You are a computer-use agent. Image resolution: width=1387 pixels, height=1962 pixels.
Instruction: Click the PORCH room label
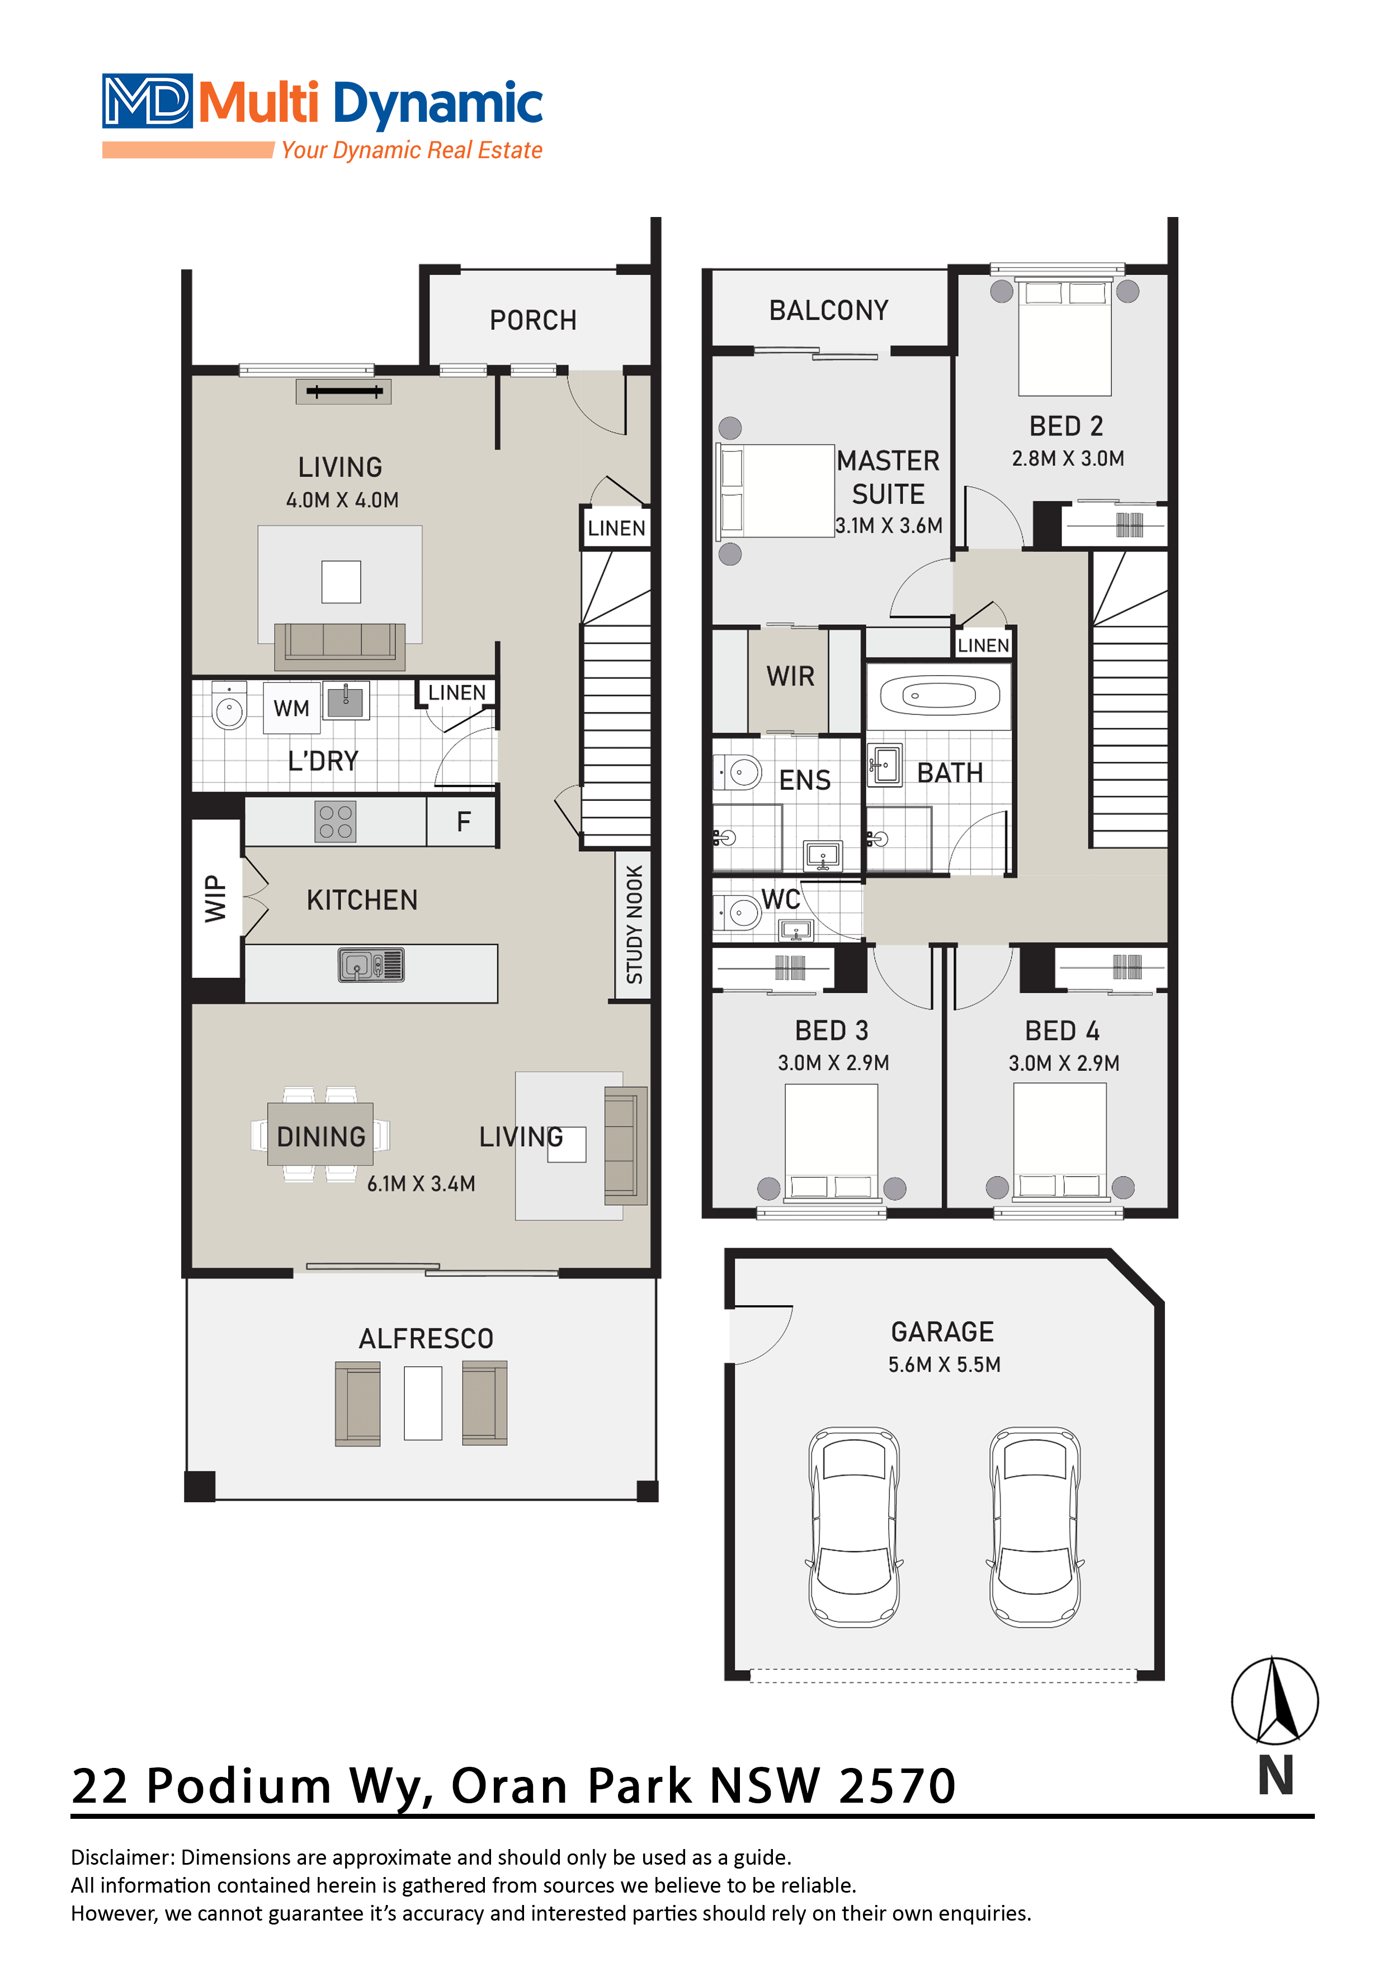[532, 320]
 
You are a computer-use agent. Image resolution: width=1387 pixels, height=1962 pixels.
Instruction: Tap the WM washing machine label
[291, 709]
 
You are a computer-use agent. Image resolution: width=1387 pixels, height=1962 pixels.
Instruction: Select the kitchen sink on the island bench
[371, 965]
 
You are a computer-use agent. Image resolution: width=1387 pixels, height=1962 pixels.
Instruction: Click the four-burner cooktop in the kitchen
[335, 821]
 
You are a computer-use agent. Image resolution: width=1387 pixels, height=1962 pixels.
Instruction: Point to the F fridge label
[463, 822]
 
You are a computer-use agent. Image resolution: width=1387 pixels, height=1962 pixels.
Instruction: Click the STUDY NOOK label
[634, 924]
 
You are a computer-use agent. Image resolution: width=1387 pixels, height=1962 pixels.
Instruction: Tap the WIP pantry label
[215, 898]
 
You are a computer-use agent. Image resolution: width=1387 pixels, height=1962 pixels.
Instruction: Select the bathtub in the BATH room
[939, 696]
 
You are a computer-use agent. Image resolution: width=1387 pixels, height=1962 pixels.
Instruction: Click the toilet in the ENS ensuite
[738, 772]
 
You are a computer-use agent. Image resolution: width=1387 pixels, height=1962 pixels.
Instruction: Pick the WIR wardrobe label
[790, 677]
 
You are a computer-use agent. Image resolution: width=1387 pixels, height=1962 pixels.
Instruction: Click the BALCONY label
[828, 310]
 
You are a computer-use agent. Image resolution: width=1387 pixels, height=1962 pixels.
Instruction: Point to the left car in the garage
[854, 1526]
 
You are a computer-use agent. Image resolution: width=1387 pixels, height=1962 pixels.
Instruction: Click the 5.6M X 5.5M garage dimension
[943, 1365]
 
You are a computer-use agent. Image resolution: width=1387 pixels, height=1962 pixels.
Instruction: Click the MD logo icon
[147, 101]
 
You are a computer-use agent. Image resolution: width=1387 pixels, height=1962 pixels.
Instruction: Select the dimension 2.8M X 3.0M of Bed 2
[1068, 459]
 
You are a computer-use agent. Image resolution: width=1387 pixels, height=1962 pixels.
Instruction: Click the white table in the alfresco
[423, 1403]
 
